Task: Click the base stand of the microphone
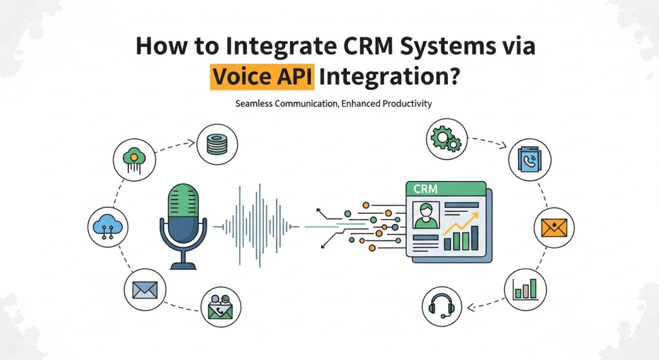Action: [183, 265]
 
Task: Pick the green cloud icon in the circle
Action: [133, 158]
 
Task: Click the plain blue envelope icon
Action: [145, 290]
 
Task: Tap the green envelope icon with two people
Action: [221, 307]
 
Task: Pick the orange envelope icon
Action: [553, 228]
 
